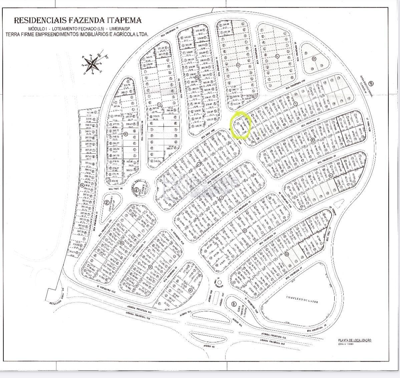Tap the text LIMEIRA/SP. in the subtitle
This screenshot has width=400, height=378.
click(116, 29)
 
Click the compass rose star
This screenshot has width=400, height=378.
click(93, 62)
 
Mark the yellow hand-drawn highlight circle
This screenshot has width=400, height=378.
click(241, 125)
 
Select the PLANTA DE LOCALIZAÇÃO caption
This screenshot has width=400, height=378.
click(354, 340)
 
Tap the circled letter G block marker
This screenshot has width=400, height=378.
click(314, 59)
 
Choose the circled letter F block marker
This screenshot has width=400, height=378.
click(277, 56)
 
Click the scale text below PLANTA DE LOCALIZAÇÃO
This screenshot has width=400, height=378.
click(346, 344)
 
